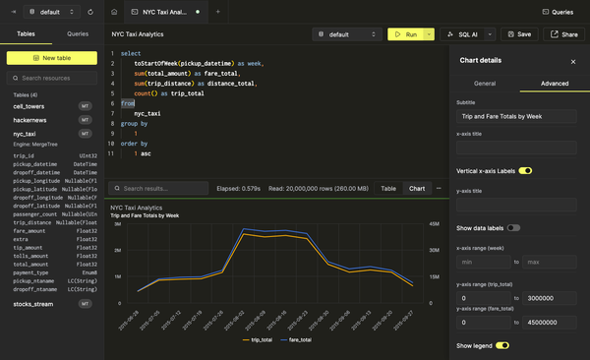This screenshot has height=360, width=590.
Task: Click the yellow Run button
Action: tap(405, 33)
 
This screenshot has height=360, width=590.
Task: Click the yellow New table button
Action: tap(51, 58)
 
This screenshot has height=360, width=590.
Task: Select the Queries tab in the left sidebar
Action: tap(77, 33)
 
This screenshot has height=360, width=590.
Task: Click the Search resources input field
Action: tap(57, 78)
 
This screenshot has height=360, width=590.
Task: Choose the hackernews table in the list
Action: tap(30, 119)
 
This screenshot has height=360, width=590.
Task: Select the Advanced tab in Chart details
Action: tap(555, 84)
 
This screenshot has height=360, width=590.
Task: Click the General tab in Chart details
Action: tap(485, 84)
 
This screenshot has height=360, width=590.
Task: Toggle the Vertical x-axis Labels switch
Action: tap(525, 171)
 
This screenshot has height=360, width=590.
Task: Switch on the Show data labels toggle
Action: tap(513, 228)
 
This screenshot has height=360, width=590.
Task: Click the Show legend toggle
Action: tap(502, 345)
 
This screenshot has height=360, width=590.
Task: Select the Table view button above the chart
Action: tap(388, 188)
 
